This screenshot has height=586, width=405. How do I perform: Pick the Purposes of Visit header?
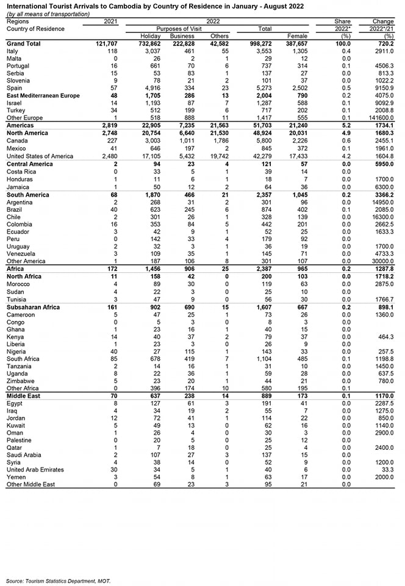(x=181, y=29)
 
